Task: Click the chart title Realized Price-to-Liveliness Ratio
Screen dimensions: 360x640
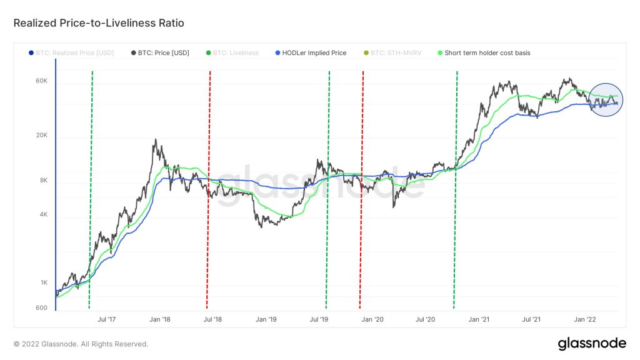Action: (99, 23)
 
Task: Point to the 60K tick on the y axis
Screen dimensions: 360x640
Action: (42, 81)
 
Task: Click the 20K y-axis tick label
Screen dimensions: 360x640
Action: (42, 136)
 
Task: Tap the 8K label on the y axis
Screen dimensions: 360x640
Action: (44, 181)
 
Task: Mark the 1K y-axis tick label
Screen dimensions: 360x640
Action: (44, 282)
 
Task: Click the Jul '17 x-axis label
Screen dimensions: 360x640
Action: (107, 319)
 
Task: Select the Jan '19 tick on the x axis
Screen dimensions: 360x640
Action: (266, 319)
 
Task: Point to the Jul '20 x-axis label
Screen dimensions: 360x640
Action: (426, 319)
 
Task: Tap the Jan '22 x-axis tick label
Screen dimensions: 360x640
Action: (585, 319)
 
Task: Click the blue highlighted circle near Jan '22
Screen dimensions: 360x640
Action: (604, 100)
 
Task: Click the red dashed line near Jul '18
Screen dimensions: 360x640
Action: (208, 187)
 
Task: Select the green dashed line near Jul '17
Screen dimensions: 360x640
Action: (91, 187)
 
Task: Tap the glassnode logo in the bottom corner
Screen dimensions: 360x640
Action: (591, 343)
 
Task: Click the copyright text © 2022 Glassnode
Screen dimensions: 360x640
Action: (81, 344)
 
